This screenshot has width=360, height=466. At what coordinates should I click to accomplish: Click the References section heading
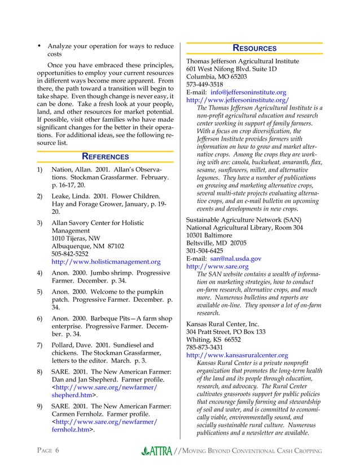click(106, 156)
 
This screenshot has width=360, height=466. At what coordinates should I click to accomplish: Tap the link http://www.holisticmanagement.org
click(106, 262)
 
